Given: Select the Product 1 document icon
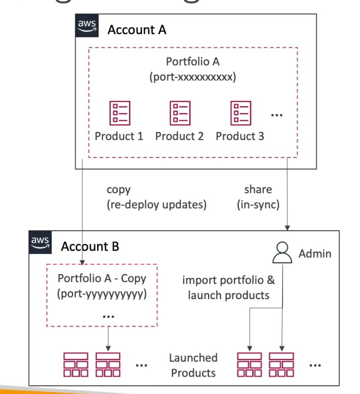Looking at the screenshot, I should tap(119, 113).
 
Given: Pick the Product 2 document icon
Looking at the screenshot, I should tap(180, 113).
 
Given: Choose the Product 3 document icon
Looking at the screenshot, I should tap(240, 113).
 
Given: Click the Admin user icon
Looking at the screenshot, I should tap(283, 253).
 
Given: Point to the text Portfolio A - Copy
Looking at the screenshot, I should tap(102, 278).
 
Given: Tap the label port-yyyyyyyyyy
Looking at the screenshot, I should tap(102, 294).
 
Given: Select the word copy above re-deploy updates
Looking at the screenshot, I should tap(118, 190).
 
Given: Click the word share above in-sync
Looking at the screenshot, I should tap(258, 189).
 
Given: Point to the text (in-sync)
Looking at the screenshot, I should tap(258, 205).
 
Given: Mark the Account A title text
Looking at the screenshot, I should tap(137, 30).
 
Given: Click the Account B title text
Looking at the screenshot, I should tap(90, 247).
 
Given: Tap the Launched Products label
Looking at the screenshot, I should tap(193, 365).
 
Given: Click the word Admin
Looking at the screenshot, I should tap(315, 253).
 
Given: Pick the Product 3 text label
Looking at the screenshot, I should tap(240, 136).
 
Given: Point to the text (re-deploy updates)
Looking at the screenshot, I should tap(156, 205).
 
